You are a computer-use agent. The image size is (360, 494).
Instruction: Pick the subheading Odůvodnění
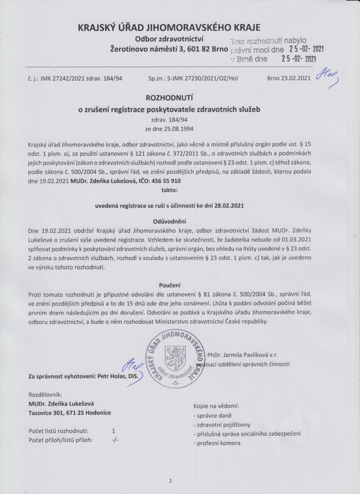tap(180, 220)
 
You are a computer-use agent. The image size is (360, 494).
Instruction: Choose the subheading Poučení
tap(180, 285)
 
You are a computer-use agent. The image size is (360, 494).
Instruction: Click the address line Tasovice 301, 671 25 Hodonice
tap(69, 413)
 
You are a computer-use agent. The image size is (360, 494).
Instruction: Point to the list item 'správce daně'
tap(212, 415)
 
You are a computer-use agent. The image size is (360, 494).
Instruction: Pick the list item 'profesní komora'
tap(217, 443)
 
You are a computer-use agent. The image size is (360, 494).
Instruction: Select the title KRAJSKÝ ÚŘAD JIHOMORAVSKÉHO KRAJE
tap(179, 27)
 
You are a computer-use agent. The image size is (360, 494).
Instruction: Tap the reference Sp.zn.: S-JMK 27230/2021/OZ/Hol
tap(194, 78)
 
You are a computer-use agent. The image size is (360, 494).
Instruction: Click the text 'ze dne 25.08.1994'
tap(180, 129)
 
